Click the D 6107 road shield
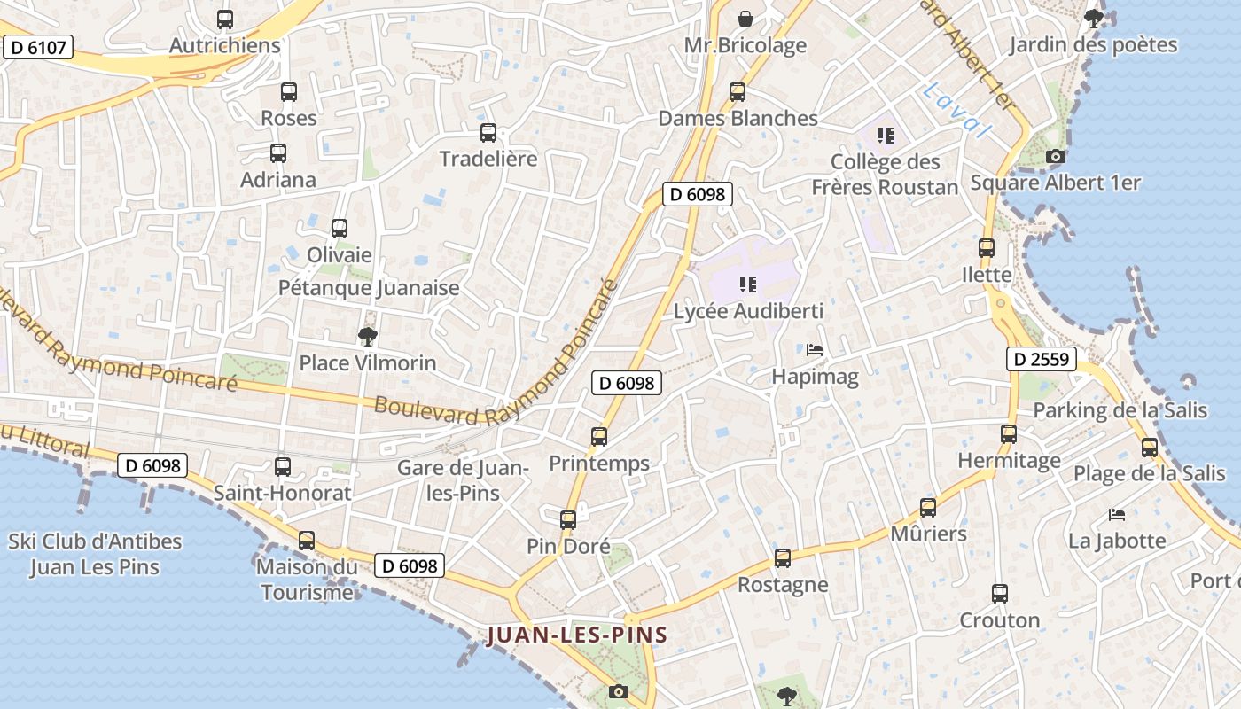click(37, 47)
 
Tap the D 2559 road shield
click(1042, 360)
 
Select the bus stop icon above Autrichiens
click(225, 19)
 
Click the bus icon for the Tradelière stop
click(488, 133)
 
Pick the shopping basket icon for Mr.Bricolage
click(745, 18)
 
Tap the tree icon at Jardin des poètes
click(1094, 17)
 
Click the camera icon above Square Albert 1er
click(1055, 157)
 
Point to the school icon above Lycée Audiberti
click(748, 284)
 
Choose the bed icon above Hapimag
click(815, 350)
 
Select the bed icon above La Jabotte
click(1116, 514)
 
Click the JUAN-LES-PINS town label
click(576, 635)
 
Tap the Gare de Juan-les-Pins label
click(463, 480)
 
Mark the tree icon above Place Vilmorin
click(367, 336)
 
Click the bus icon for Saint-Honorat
click(283, 466)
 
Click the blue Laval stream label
click(956, 111)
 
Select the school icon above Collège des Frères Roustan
click(885, 136)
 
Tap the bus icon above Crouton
click(1000, 593)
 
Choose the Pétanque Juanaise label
click(369, 288)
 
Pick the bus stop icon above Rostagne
click(782, 558)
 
